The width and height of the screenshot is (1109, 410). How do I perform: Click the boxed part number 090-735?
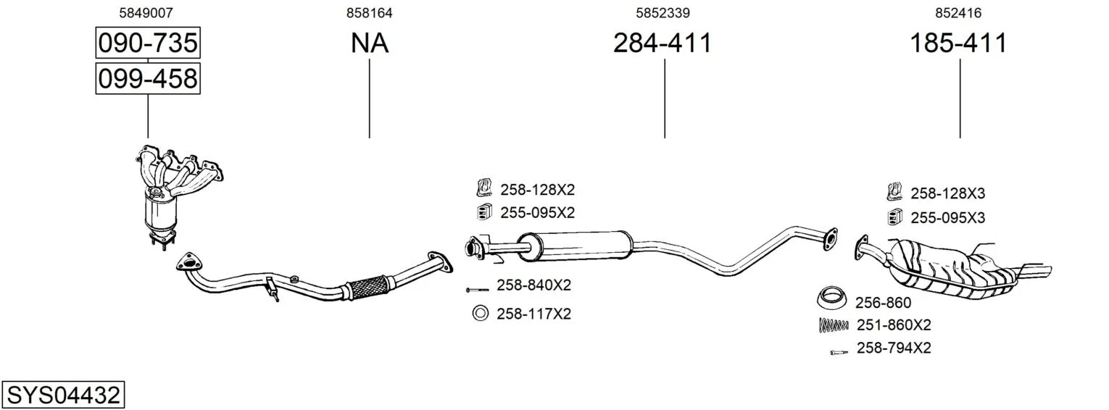pos(148,43)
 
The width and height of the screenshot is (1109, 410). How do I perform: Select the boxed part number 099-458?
pos(148,78)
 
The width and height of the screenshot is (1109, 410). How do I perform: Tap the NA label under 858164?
pos(370,43)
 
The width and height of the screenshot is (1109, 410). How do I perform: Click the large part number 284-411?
pos(663,43)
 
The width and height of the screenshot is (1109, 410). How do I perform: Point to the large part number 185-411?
pos(958,43)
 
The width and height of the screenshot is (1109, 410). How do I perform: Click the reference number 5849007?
pos(146,13)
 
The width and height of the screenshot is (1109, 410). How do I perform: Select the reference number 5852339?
pos(663,13)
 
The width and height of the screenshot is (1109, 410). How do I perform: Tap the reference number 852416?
pos(958,13)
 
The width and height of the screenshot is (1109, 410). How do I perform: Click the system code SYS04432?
pos(63,396)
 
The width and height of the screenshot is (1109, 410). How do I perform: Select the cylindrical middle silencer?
pos(574,246)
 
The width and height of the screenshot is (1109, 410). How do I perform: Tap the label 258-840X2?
pos(533,285)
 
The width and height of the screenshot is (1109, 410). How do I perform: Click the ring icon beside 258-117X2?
pos(481,313)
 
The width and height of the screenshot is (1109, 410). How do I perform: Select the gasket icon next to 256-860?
pos(831,297)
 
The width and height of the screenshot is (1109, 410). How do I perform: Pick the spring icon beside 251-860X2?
pos(834,325)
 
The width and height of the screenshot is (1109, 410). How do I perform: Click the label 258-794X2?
pos(894,348)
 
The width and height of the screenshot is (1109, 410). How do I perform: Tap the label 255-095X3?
pos(947,217)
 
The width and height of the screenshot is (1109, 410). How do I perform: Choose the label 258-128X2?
pos(537,189)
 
